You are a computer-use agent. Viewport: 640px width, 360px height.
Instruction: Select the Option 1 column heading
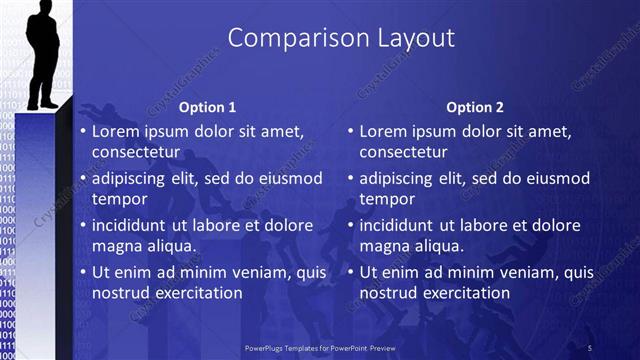[x=207, y=107]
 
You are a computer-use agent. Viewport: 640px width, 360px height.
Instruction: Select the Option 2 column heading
[x=475, y=107]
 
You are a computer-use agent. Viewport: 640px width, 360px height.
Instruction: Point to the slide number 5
[x=590, y=347]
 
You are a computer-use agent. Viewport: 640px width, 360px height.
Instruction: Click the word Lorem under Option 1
[x=117, y=131]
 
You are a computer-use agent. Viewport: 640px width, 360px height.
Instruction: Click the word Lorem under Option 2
[x=384, y=131]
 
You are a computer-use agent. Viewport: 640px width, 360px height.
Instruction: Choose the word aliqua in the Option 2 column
[x=433, y=246]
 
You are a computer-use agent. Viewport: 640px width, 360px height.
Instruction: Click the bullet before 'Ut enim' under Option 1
[x=83, y=272]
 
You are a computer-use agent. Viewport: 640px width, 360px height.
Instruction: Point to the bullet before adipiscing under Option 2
[x=350, y=178]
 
